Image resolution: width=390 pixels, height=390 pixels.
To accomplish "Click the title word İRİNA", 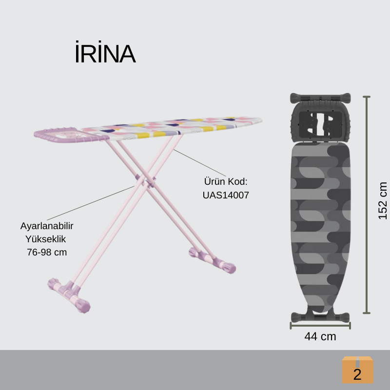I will (105, 56).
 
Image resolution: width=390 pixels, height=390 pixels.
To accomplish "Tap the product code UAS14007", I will (226, 195).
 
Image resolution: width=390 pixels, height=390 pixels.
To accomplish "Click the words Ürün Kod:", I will (226, 182).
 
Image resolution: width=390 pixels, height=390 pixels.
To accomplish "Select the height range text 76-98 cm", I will (47, 252).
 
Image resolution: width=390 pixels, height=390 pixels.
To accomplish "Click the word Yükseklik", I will (45, 239).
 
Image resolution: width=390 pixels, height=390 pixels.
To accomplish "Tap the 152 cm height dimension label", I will (383, 200).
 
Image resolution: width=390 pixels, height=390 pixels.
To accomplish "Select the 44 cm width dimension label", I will (320, 336).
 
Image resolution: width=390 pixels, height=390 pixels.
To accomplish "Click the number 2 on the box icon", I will (357, 374).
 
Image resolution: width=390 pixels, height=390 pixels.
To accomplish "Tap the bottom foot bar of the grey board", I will (320, 316).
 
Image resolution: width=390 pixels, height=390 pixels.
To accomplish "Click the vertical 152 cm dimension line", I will (367, 205).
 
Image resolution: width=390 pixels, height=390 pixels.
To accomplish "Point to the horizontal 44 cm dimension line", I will (320, 325).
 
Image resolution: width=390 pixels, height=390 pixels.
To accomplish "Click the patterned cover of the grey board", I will (320, 224).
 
